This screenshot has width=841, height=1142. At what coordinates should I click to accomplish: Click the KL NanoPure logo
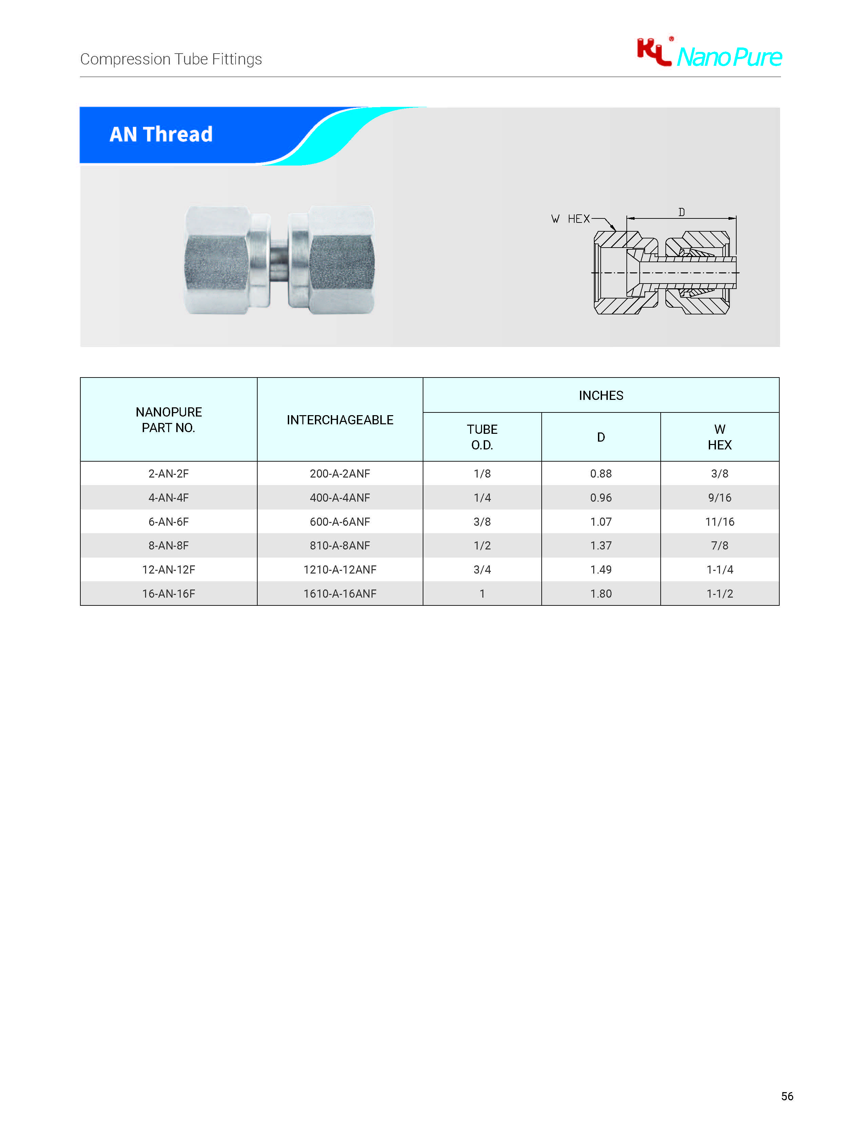709,53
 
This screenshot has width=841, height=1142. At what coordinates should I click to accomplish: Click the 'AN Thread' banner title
161,134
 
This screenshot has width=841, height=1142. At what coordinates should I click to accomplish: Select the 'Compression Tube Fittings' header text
171,59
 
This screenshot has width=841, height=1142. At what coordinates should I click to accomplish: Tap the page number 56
787,1096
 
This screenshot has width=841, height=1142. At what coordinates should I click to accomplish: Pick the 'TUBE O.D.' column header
482,437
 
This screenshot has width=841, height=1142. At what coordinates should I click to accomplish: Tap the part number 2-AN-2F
168,474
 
